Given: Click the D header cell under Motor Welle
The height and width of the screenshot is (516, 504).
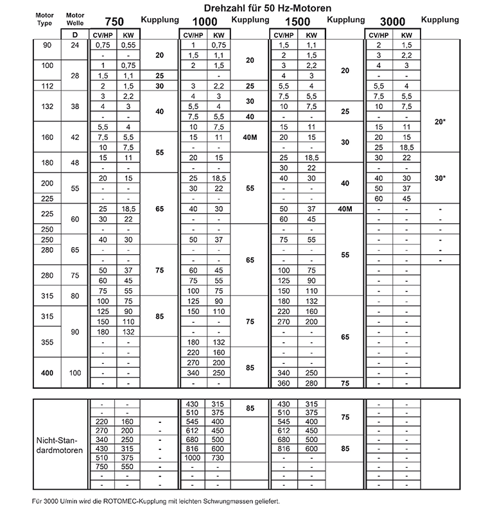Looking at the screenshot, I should pyautogui.click(x=76, y=35).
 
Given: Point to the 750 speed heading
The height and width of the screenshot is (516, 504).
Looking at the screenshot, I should pyautogui.click(x=114, y=21).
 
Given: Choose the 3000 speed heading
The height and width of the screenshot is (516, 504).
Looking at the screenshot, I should pyautogui.click(x=394, y=21).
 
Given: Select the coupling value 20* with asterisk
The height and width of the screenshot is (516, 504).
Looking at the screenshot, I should pyautogui.click(x=440, y=121).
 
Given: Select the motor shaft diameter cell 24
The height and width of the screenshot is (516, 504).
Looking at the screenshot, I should pyautogui.click(x=76, y=46).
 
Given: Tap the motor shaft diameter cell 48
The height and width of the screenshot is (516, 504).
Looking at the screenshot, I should pyautogui.click(x=76, y=162).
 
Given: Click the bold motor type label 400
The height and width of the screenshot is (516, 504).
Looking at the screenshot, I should pyautogui.click(x=46, y=372).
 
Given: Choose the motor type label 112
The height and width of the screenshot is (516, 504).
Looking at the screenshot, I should pyautogui.click(x=46, y=86).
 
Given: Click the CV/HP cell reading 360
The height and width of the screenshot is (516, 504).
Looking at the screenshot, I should pyautogui.click(x=283, y=383).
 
